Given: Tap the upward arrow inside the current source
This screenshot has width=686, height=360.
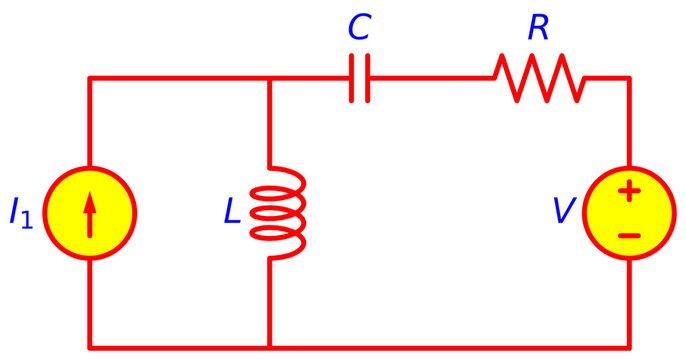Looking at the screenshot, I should coord(90,213).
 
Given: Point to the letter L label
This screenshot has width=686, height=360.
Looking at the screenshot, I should coord(231,212).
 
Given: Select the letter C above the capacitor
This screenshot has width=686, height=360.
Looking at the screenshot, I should coord(359,29).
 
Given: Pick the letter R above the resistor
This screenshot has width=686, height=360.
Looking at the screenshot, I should coord(539,29).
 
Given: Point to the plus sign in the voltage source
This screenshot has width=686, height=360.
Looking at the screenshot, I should coord(629,190).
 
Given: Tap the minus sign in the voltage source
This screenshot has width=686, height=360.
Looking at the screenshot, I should coord(629,236).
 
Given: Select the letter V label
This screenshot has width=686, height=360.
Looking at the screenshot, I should coord(566,212).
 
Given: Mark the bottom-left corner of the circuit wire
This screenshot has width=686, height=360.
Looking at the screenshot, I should coord(90,346).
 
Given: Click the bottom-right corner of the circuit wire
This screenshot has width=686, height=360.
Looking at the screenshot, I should coord(629,346).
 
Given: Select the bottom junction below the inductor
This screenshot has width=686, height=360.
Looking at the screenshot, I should coord(270,346).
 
